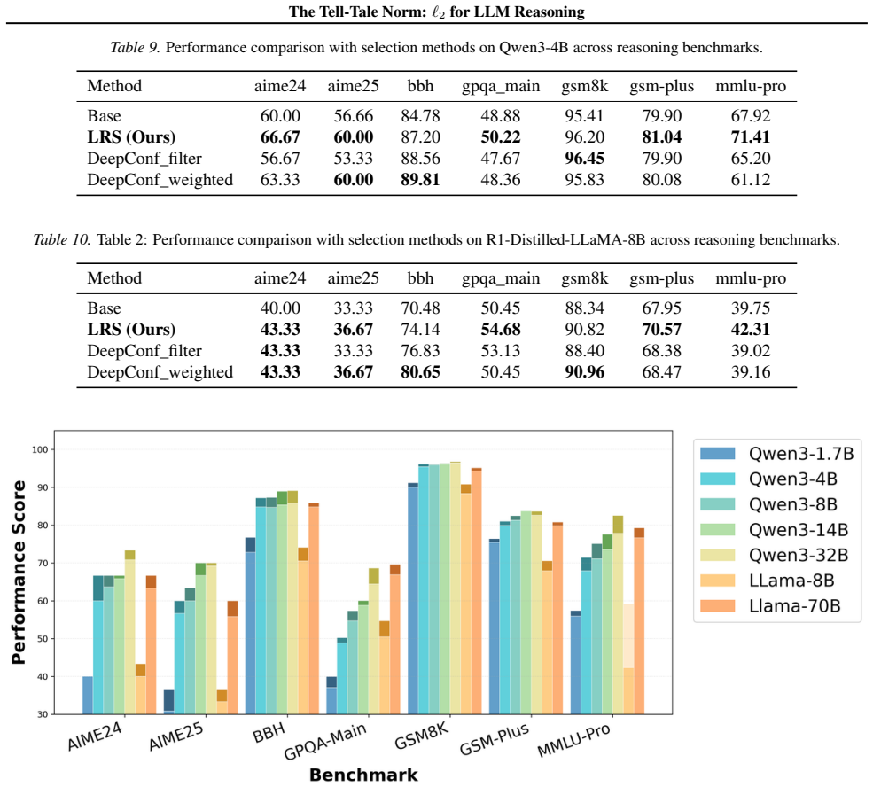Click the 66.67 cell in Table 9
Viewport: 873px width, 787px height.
click(280, 136)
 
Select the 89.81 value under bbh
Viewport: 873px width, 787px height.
click(420, 180)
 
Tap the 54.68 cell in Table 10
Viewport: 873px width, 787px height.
click(501, 330)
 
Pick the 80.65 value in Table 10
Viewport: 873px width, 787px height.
click(420, 372)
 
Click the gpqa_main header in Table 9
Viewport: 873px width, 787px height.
click(501, 86)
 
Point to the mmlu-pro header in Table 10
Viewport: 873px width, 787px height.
click(751, 278)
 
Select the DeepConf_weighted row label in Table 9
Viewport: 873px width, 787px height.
click(160, 180)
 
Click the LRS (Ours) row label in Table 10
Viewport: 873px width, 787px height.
click(131, 330)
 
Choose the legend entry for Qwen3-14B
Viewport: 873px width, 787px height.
click(774, 529)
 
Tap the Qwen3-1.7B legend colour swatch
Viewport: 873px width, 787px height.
click(718, 453)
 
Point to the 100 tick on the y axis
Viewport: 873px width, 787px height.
click(41, 449)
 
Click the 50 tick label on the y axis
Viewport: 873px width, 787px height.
click(43, 639)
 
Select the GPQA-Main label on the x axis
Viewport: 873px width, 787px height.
click(325, 742)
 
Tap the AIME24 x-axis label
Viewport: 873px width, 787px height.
click(95, 736)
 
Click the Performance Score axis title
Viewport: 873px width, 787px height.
click(19, 573)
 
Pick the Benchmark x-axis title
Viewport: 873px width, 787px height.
click(363, 775)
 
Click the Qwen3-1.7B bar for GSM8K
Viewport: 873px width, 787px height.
click(412, 598)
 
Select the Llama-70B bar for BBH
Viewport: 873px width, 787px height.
click(314, 609)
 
